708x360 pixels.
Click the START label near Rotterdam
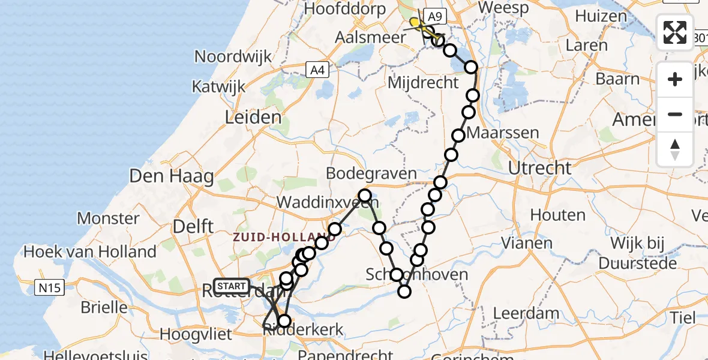230,286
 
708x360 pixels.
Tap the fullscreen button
675,32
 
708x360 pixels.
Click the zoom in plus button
675,79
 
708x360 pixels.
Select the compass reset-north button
675,149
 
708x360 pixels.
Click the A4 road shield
317,70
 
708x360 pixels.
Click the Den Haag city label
172,177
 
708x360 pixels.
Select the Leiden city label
253,118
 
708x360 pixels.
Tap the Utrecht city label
539,168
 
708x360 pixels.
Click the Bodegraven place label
371,174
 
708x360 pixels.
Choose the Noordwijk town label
230,56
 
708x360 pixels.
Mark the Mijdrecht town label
424,83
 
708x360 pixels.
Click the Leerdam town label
526,313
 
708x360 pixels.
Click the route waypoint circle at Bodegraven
364,195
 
